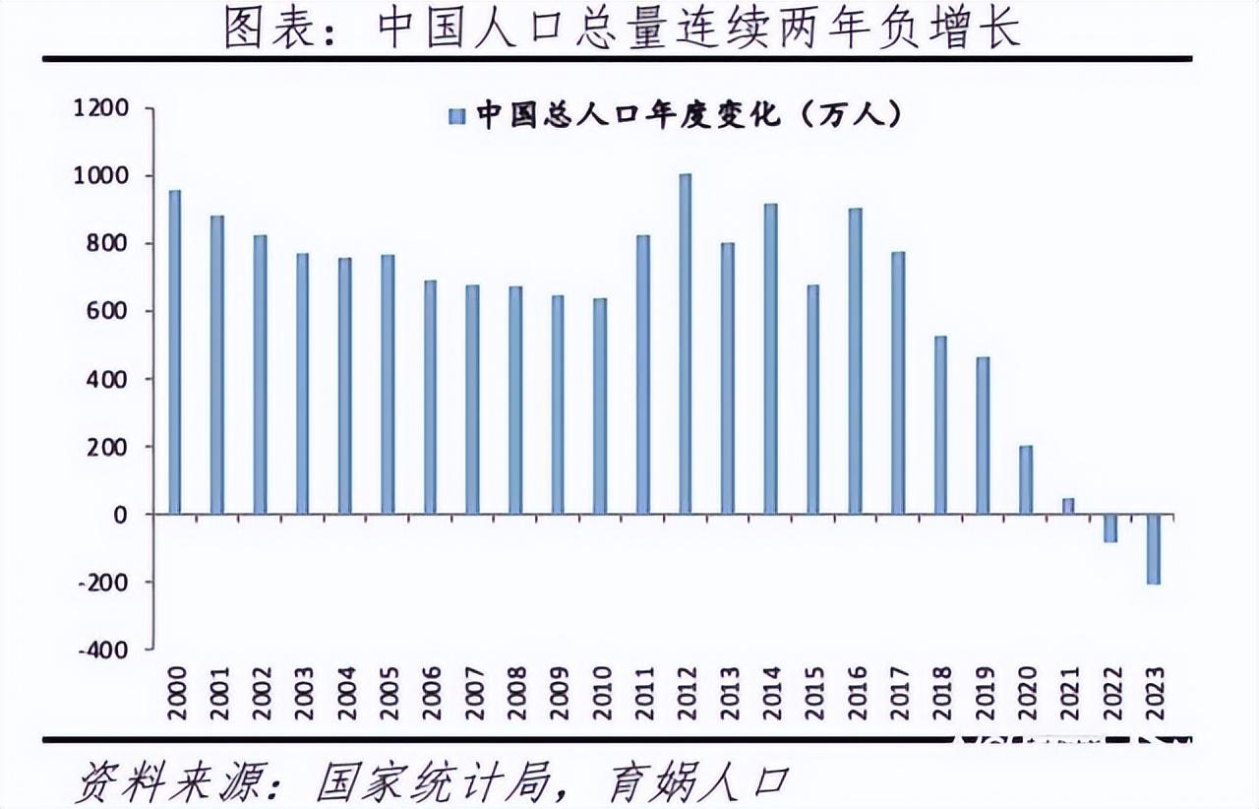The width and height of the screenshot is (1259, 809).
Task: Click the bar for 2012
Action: click(686, 343)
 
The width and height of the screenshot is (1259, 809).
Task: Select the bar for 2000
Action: click(175, 352)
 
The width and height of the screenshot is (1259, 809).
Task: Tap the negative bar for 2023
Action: click(1154, 549)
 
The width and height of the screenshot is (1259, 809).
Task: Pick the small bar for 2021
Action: click(1068, 506)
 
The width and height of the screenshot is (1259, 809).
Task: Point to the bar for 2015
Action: click(812, 400)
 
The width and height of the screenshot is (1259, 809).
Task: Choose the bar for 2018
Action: click(940, 425)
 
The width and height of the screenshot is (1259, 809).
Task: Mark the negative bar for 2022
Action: click(1110, 529)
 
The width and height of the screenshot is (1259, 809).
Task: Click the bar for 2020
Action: click(1026, 480)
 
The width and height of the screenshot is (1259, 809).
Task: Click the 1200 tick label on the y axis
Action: click(101, 108)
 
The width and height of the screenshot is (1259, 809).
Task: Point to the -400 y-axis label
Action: click(104, 650)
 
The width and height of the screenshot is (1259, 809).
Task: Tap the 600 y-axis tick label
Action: click(108, 312)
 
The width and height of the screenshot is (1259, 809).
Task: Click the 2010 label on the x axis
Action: click(601, 693)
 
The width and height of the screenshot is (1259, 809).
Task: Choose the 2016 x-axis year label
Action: click(856, 693)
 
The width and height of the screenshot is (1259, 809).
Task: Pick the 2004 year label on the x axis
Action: click(346, 693)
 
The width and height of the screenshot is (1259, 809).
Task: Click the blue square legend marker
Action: click(457, 117)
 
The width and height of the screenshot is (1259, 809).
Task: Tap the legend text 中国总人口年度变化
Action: click(629, 115)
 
